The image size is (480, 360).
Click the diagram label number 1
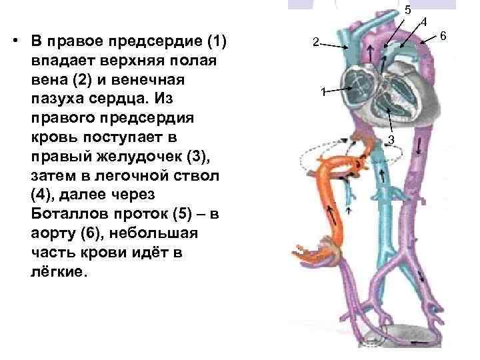(x=322, y=91)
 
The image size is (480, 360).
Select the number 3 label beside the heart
(x=392, y=139)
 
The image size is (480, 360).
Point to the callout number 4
(x=423, y=23)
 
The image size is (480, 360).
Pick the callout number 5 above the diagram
(x=407, y=9)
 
